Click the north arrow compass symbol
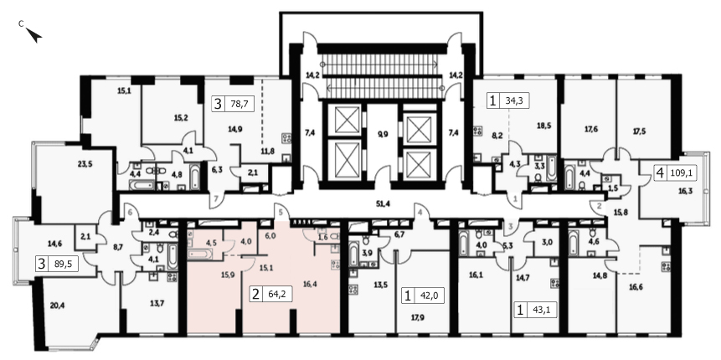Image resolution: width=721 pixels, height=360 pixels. (33, 34)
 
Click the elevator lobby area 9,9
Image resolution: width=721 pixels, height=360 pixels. (382, 135)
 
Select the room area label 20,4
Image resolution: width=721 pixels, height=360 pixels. (58, 304)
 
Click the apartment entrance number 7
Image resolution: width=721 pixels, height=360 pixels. (217, 198)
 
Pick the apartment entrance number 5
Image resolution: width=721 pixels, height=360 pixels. (280, 212)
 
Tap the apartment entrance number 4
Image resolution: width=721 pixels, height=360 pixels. (420, 213)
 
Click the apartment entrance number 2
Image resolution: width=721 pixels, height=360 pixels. (599, 207)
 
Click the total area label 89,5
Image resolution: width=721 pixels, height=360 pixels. (64, 265)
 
